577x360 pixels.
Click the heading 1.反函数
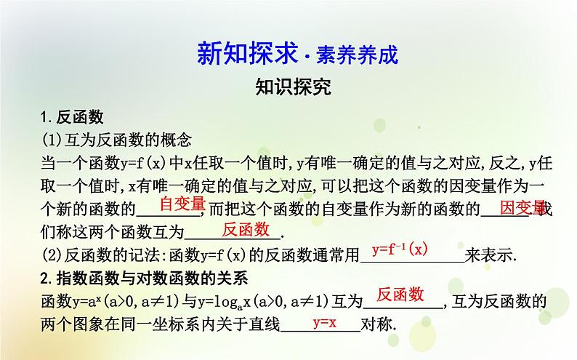(x=72, y=117)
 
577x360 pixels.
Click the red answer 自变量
(x=183, y=204)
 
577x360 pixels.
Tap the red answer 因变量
(x=522, y=207)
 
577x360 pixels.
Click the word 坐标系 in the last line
(x=190, y=324)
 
